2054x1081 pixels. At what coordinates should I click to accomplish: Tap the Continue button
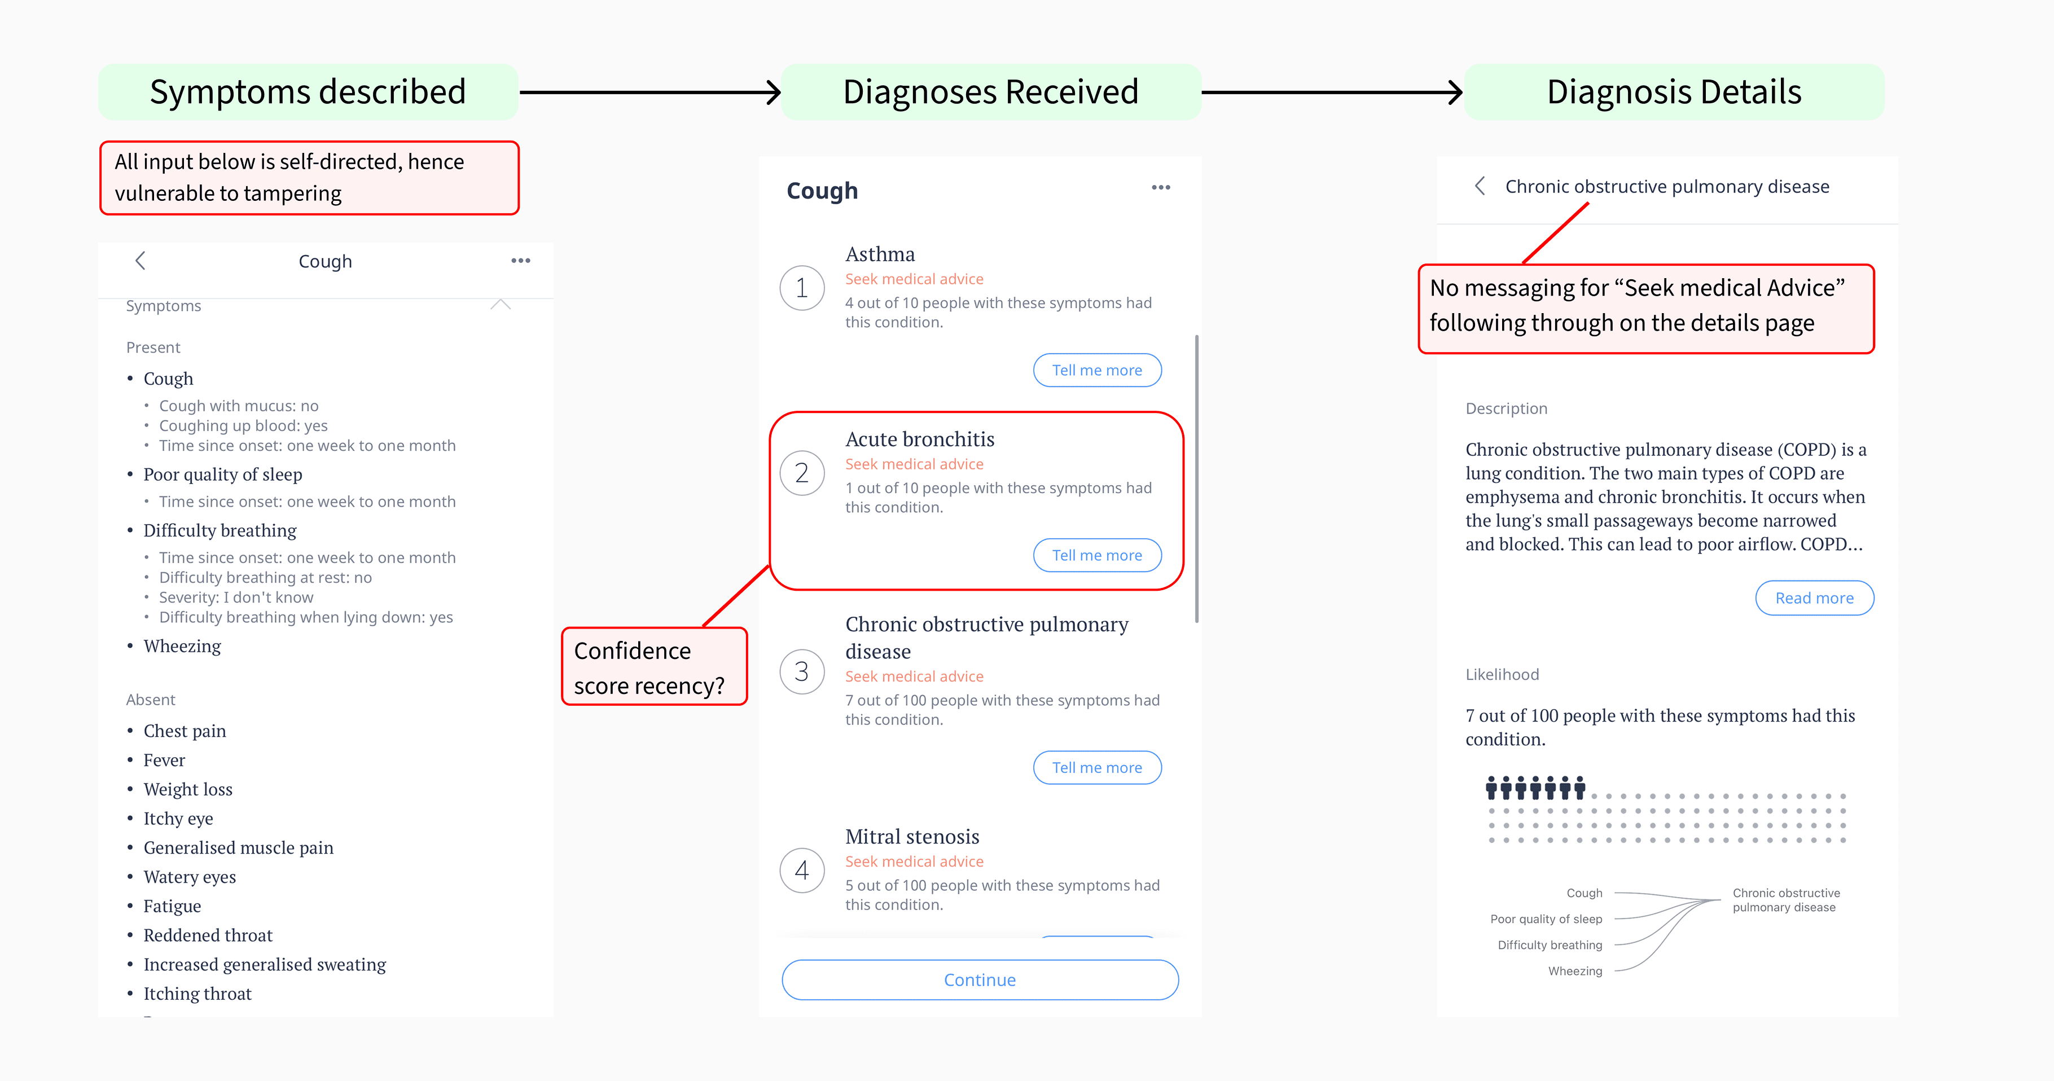coord(980,980)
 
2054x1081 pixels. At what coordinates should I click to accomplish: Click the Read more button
coord(1814,598)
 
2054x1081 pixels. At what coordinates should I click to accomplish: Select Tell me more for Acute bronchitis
coord(1097,555)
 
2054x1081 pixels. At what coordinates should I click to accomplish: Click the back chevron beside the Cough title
coord(141,261)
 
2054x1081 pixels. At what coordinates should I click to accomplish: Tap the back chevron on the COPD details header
coord(1480,186)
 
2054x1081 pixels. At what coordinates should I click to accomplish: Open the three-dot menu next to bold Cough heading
coord(1161,187)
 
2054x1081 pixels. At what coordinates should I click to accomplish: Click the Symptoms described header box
coord(308,91)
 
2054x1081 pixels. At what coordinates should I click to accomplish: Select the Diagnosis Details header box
coord(1674,91)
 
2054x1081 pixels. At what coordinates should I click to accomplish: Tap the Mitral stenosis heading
coord(912,836)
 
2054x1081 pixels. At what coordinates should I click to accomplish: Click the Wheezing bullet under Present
coord(182,646)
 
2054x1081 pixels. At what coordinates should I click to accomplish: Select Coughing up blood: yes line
coord(243,426)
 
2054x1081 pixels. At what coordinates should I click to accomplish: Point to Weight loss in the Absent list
coord(188,789)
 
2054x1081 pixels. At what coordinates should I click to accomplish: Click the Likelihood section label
coord(1502,674)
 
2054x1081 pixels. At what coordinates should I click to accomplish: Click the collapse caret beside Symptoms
coord(501,305)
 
